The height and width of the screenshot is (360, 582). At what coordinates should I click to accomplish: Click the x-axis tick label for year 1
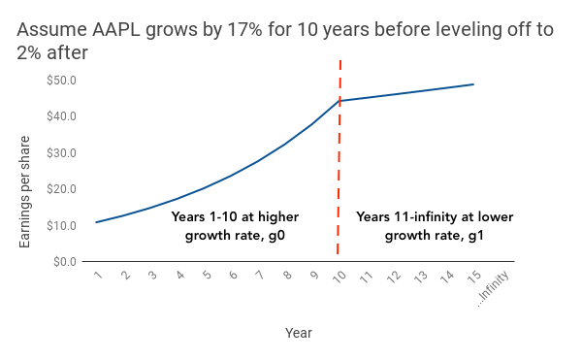click(98, 277)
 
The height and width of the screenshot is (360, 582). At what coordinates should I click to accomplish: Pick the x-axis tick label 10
click(339, 278)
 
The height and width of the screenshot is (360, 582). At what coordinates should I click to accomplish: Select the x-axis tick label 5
click(206, 277)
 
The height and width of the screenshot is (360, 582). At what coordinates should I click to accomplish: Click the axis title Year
click(298, 333)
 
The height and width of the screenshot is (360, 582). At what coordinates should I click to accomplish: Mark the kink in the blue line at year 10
click(339, 100)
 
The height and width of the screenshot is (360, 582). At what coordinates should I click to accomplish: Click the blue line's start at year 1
click(97, 222)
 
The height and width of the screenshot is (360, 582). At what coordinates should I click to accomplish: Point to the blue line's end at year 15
click(473, 84)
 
